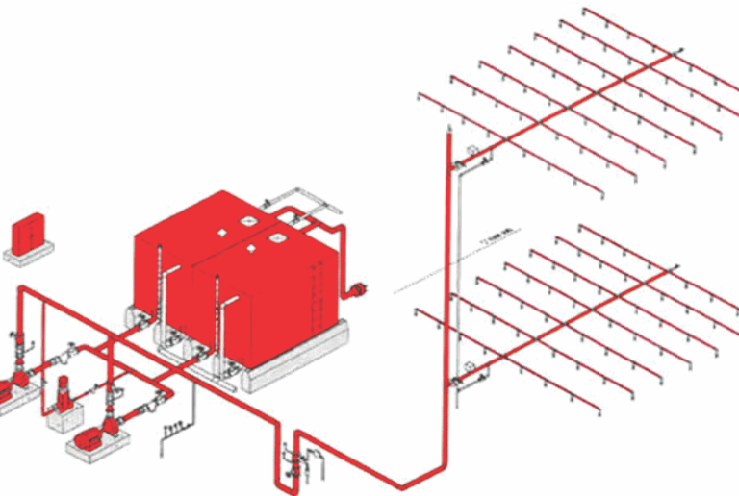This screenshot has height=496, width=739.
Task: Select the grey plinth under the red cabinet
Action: pyautogui.click(x=28, y=255)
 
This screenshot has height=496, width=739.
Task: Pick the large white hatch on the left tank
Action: pyautogui.click(x=227, y=230)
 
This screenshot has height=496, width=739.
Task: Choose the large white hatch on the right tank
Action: pyautogui.click(x=279, y=236)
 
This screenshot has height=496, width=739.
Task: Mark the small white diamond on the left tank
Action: pyautogui.click(x=251, y=249)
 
